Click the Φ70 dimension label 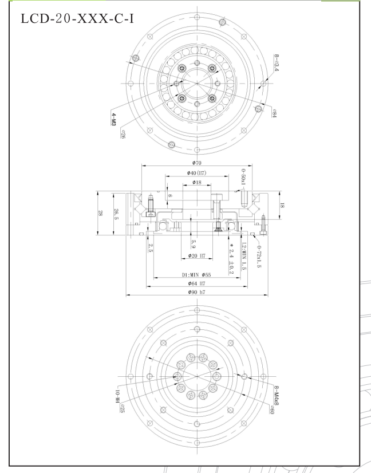click(196, 164)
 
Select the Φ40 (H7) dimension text click(196, 174)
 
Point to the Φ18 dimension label click(196, 183)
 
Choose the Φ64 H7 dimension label click(196, 283)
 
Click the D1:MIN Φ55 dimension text click(196, 275)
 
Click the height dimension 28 click(101, 212)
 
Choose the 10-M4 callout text click(117, 396)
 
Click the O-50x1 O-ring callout click(243, 177)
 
